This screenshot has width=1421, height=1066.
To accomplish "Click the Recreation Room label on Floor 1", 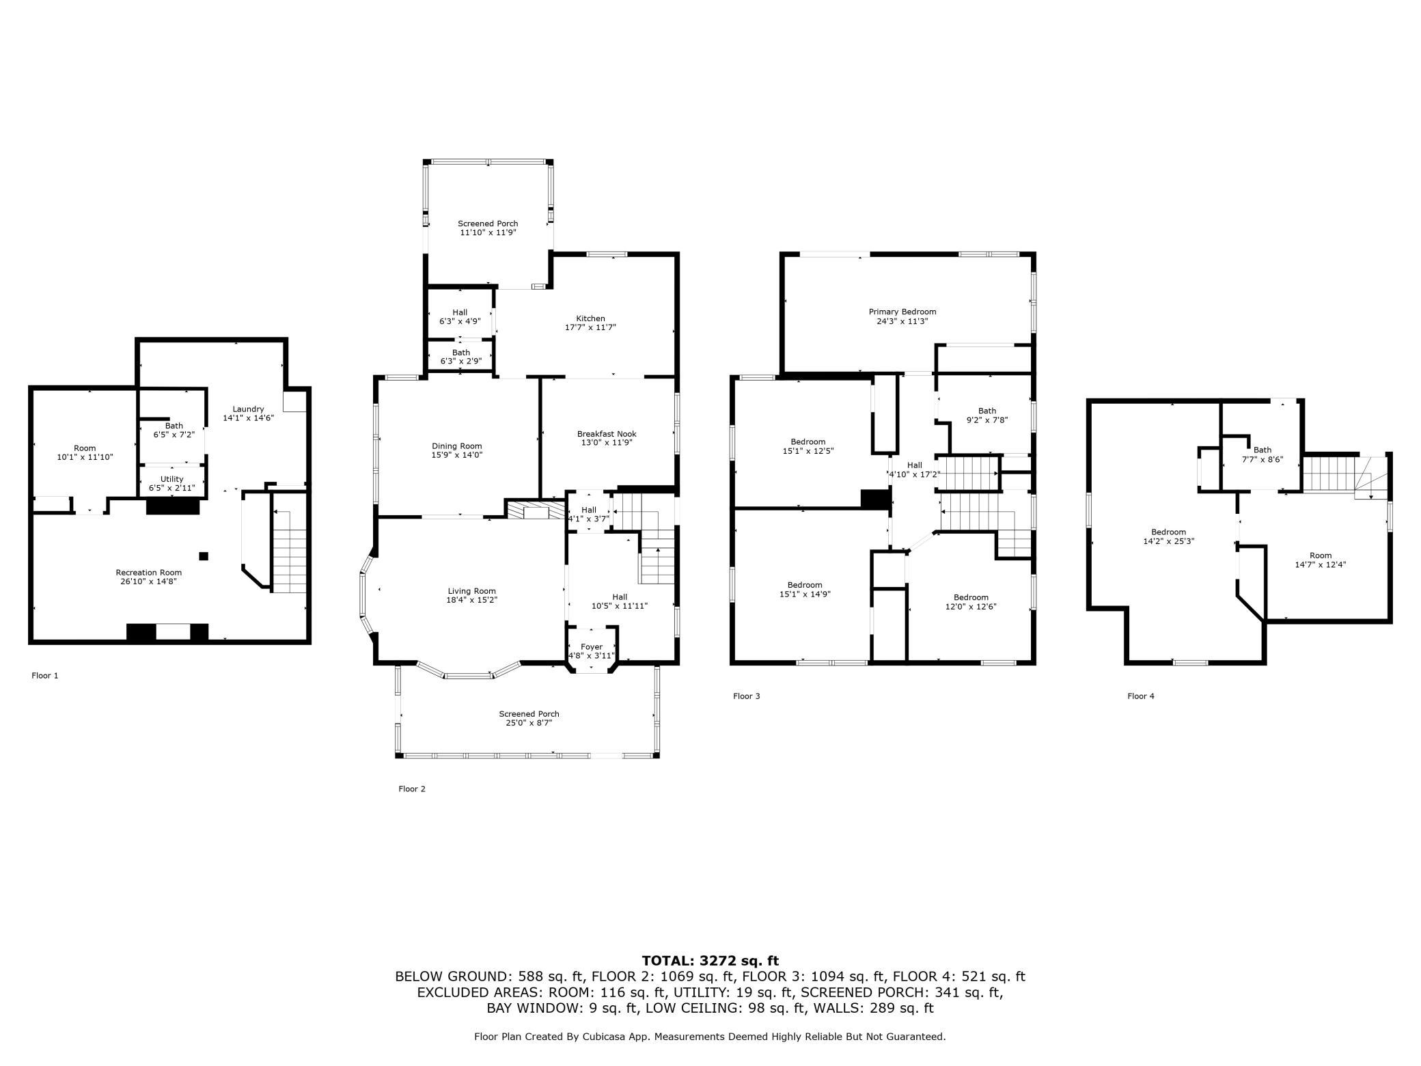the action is tap(149, 577).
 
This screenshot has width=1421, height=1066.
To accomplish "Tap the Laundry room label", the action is tap(248, 413).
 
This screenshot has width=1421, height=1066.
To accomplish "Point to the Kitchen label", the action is tap(590, 323).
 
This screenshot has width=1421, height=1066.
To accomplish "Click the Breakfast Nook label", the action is tap(607, 438).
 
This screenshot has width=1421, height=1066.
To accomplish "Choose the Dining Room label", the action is tap(457, 450).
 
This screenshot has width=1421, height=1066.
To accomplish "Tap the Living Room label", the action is tap(472, 595).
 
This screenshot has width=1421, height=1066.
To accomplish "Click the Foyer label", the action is tap(592, 651).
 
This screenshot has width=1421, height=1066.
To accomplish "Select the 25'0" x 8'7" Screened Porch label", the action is tap(529, 718).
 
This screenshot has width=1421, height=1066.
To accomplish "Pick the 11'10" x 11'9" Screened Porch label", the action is tap(488, 228).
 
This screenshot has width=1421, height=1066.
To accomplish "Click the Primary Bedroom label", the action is tap(902, 316).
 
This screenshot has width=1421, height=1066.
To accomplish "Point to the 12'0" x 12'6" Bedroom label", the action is tap(971, 601).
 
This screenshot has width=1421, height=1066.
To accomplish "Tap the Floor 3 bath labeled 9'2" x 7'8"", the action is tap(987, 415).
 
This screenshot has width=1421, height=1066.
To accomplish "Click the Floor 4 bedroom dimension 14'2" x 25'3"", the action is tap(1169, 541).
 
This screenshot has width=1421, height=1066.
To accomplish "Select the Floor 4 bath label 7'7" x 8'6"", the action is tap(1263, 454).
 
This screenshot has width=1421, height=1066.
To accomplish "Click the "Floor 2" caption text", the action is tap(412, 789).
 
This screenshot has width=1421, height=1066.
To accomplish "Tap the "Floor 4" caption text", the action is tap(1141, 696).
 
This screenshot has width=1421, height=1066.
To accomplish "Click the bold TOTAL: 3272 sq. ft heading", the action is tap(710, 961).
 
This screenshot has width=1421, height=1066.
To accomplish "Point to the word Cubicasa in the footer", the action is tap(607, 1037).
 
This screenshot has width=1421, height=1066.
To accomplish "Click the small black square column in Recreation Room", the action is tap(204, 556).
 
